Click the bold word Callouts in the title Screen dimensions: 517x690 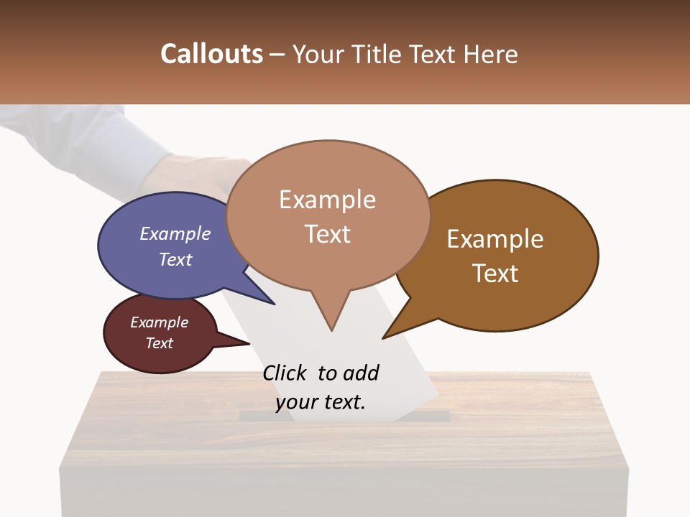point(211,54)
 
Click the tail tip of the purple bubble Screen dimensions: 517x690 point(274,304)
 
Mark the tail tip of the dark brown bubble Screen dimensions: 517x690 point(384,337)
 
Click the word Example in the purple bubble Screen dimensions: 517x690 point(175,233)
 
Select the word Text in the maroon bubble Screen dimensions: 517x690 point(160,343)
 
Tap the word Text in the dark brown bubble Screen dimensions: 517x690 point(495,273)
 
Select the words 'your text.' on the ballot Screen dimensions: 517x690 point(321,402)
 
